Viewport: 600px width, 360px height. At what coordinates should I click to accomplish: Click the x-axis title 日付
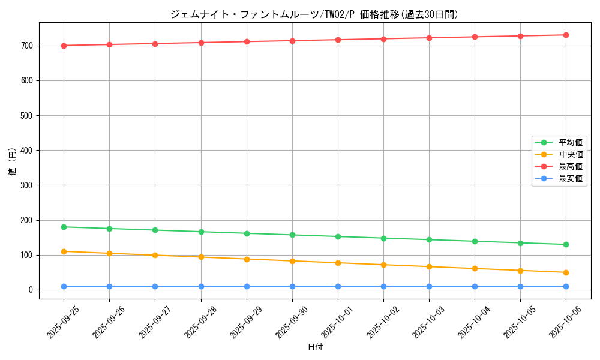click(x=314, y=347)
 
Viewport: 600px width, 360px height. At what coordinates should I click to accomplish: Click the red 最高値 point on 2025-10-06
click(x=566, y=35)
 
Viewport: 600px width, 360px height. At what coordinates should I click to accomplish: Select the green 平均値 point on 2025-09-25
click(x=64, y=227)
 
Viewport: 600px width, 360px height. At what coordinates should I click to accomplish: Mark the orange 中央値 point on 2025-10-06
click(x=566, y=272)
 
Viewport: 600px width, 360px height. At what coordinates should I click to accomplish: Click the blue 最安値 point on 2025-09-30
click(x=292, y=286)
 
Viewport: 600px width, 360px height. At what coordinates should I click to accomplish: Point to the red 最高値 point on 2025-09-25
click(x=64, y=46)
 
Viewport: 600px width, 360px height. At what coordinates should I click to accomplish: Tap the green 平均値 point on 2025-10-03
click(x=429, y=239)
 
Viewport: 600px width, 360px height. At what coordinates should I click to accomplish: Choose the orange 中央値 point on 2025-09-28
click(x=201, y=257)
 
